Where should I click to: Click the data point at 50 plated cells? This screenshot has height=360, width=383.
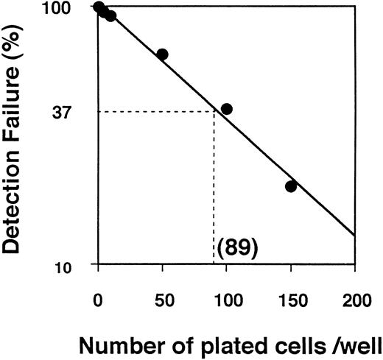[162, 54]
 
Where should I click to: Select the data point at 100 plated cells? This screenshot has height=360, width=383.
[227, 109]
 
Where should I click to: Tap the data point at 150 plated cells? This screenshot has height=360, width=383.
[291, 186]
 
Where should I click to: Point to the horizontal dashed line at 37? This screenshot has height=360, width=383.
[155, 111]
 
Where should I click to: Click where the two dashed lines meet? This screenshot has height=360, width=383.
[214, 111]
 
